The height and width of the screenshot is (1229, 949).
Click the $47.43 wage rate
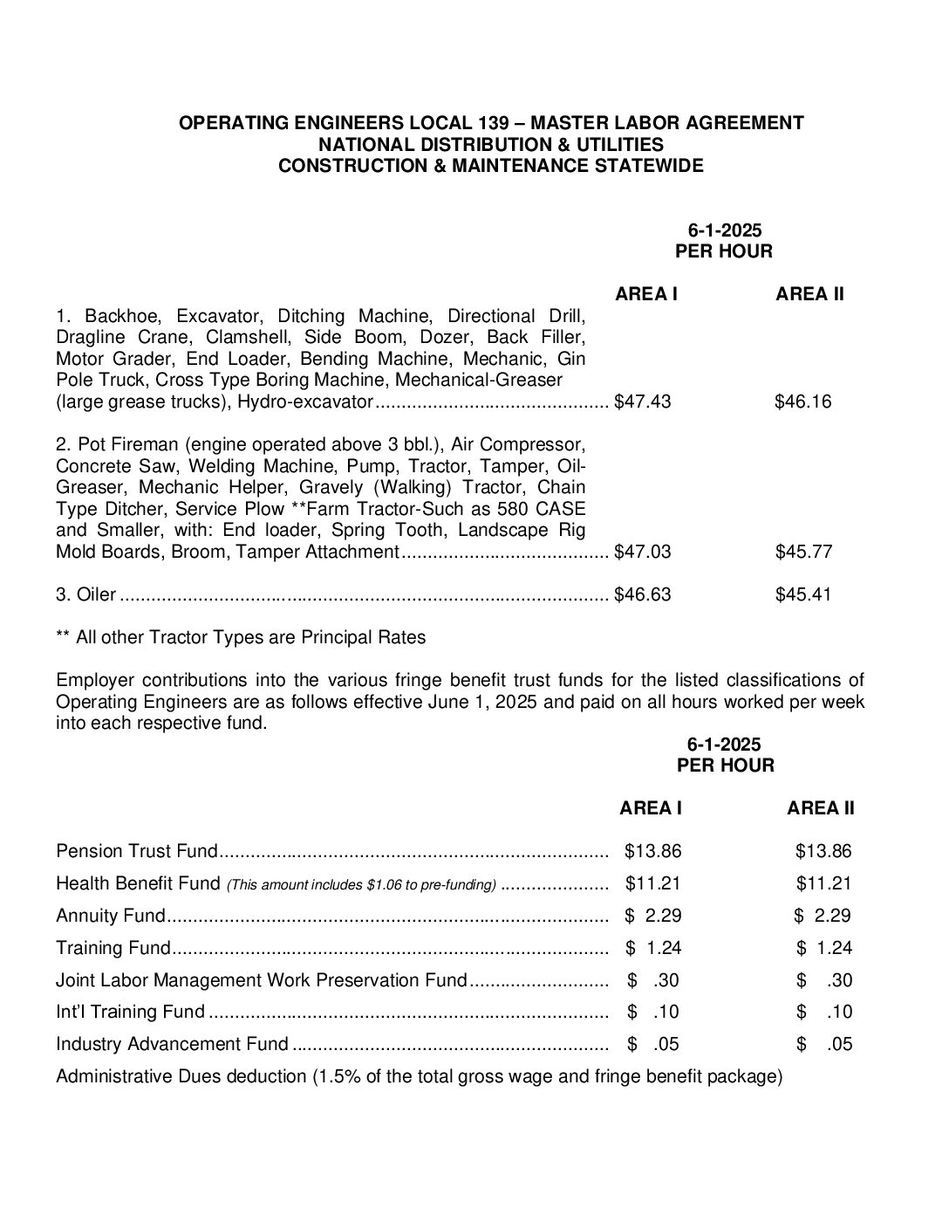pyautogui.click(x=643, y=402)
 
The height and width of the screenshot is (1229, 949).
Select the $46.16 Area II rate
pyautogui.click(x=802, y=402)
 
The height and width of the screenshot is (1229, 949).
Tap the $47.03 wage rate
pyautogui.click(x=643, y=552)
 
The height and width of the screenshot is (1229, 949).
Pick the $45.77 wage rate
pyautogui.click(x=803, y=552)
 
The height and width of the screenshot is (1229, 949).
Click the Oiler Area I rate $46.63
pyautogui.click(x=643, y=594)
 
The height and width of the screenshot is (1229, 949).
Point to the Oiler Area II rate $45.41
pyautogui.click(x=803, y=594)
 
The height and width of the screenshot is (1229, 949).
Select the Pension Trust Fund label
pyautogui.click(x=135, y=851)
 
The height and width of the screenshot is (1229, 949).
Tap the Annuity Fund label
pyautogui.click(x=110, y=916)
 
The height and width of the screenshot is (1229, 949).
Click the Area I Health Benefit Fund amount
pyautogui.click(x=652, y=883)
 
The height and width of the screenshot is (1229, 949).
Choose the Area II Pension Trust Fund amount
pyautogui.click(x=823, y=851)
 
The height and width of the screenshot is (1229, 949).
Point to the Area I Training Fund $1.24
pyautogui.click(x=653, y=948)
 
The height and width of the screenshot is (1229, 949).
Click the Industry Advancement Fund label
pyautogui.click(x=172, y=1044)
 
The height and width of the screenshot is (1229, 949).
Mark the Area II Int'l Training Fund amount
pyautogui.click(x=824, y=1013)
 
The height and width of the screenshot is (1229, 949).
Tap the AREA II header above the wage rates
pyautogui.click(x=809, y=294)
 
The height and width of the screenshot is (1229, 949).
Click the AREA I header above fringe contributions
pyautogui.click(x=651, y=808)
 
